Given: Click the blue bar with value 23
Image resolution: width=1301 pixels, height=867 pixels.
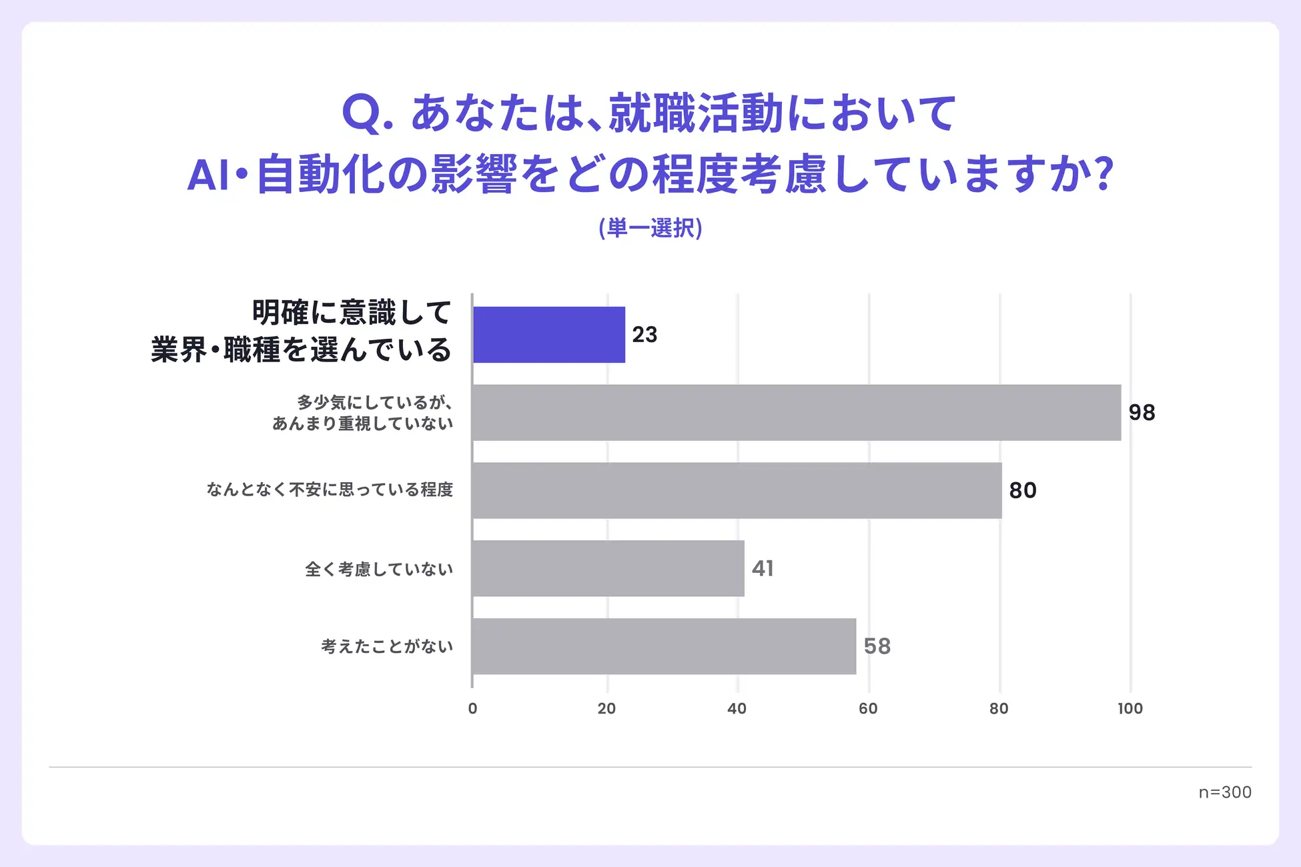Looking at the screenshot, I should pyautogui.click(x=548, y=335).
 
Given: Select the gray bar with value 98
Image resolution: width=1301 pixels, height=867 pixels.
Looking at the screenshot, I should pyautogui.click(x=796, y=413).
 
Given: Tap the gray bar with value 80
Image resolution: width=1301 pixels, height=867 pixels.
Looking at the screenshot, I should pyautogui.click(x=737, y=491).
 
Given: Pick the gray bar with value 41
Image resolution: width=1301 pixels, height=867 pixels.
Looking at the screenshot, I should pyautogui.click(x=608, y=568).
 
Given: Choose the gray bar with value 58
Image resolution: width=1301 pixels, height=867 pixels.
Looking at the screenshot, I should pyautogui.click(x=664, y=646).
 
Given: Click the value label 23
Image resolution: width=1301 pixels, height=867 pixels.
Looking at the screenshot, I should pyautogui.click(x=644, y=335).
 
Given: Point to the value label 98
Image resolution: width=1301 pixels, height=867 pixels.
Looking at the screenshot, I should pyautogui.click(x=1142, y=413).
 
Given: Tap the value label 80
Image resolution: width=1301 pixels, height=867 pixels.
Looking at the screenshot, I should pyautogui.click(x=1022, y=491).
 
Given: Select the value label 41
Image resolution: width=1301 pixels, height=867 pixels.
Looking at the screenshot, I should pyautogui.click(x=763, y=568).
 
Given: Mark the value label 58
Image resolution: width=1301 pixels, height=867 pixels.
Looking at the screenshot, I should pyautogui.click(x=877, y=646).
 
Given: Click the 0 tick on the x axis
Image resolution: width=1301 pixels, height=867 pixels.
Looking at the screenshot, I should pyautogui.click(x=472, y=708).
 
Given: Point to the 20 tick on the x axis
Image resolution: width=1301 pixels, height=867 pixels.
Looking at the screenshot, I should pyautogui.click(x=606, y=708).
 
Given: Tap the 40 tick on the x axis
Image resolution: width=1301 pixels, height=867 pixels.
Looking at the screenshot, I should pyautogui.click(x=737, y=708).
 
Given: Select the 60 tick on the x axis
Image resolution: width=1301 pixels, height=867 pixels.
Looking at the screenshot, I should pyautogui.click(x=868, y=708).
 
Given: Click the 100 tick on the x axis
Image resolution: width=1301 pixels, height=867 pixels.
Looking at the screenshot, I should pyautogui.click(x=1130, y=708).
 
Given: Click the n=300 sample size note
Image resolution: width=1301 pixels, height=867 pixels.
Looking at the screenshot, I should pyautogui.click(x=1225, y=792).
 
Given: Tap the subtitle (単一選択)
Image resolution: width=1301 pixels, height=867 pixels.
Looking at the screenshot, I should pyautogui.click(x=650, y=228).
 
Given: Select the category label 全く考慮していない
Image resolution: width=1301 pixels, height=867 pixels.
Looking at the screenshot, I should pyautogui.click(x=379, y=569).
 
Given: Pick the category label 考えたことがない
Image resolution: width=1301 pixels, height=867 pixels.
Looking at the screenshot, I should pyautogui.click(x=387, y=646).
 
